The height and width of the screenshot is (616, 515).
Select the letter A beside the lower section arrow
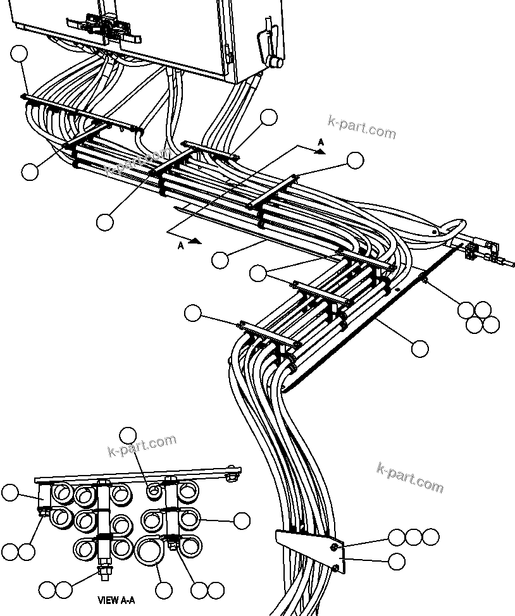point(181,246)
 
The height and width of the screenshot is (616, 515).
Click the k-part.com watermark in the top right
point(362,128)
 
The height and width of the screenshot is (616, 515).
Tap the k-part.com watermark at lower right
point(410,477)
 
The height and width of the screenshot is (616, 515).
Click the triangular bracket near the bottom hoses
point(310,547)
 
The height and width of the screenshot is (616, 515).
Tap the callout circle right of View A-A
point(242,521)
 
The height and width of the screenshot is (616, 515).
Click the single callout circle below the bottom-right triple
point(397,561)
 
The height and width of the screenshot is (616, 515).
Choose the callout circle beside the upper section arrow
point(356,161)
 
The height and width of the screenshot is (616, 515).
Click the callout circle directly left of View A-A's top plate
point(11,493)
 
